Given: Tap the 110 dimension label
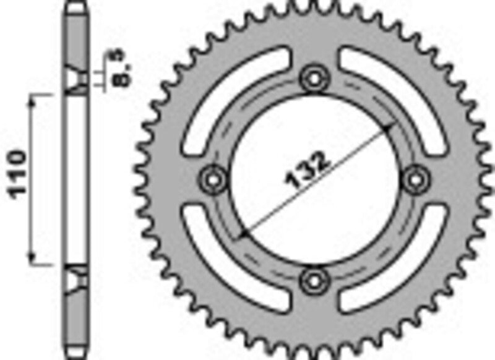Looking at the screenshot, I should coord(17,174).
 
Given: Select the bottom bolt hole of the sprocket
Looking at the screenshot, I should coord(314,280).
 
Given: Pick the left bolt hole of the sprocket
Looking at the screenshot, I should coord(213,179).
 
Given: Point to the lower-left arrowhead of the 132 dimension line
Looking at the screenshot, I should coord(243,234).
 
